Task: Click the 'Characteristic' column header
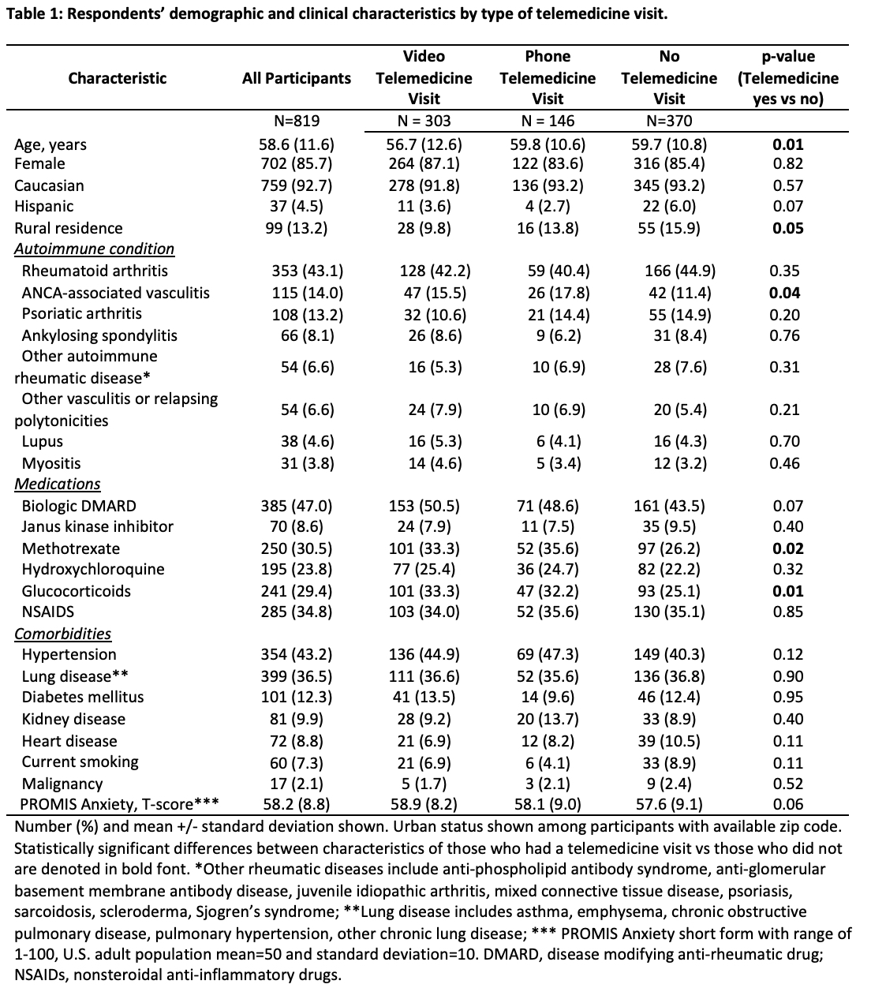[118, 78]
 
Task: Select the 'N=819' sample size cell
[296, 121]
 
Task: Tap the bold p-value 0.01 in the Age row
[787, 144]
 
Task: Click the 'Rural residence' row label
[69, 228]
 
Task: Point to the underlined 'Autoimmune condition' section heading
[95, 249]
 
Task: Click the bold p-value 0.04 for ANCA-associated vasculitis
[787, 293]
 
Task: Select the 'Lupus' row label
[43, 441]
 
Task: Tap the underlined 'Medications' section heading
[58, 484]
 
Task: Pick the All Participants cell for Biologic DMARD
[297, 506]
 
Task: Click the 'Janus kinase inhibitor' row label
[97, 526]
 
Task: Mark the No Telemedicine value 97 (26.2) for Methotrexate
[669, 548]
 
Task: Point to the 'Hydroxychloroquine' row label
[93, 569]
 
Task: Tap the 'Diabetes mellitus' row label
[83, 697]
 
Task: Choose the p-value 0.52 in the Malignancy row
[787, 784]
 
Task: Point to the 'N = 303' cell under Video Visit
[424, 121]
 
